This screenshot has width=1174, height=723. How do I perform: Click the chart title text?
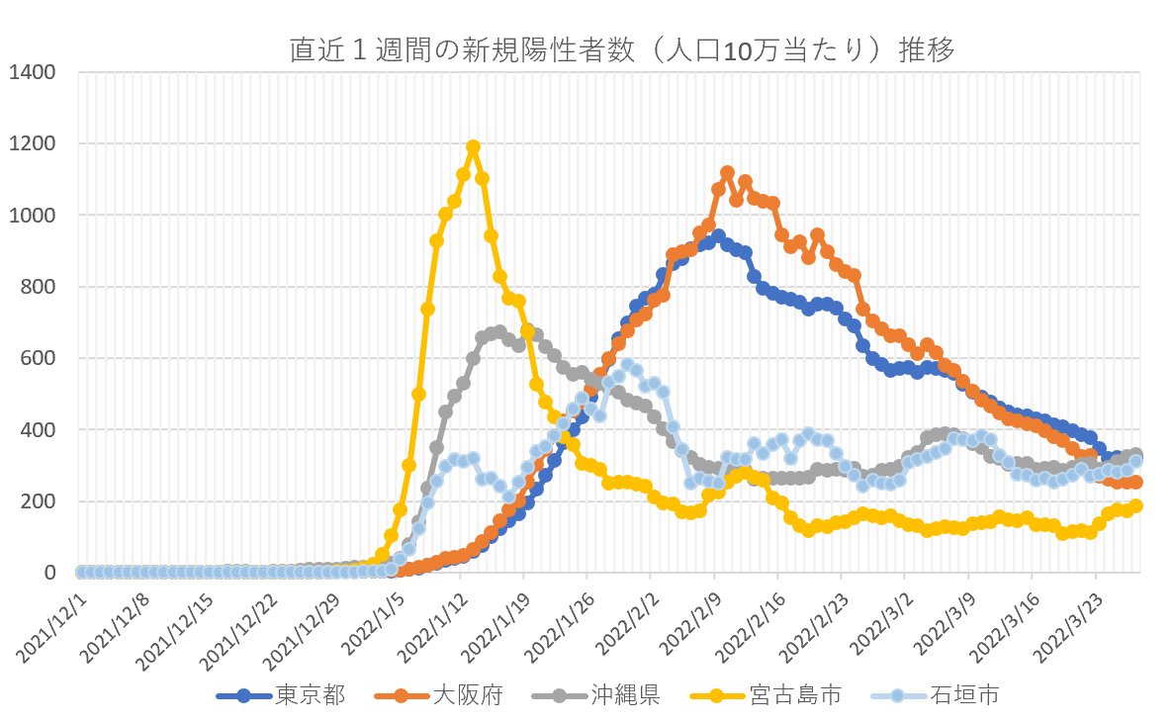point(622,50)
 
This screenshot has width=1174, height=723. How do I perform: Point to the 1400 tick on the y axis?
point(33,72)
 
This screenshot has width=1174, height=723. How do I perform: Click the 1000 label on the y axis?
point(33,216)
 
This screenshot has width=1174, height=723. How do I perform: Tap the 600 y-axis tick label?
point(39,358)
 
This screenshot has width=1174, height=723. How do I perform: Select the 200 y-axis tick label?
point(39,501)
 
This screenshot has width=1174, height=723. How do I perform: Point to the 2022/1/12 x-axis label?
point(431,618)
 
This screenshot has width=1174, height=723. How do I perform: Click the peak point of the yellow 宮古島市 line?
point(473,147)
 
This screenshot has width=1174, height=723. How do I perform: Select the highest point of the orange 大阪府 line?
point(727,172)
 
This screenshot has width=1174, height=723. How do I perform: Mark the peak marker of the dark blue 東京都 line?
point(718,236)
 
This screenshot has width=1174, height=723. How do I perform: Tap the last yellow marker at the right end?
point(1136,505)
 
